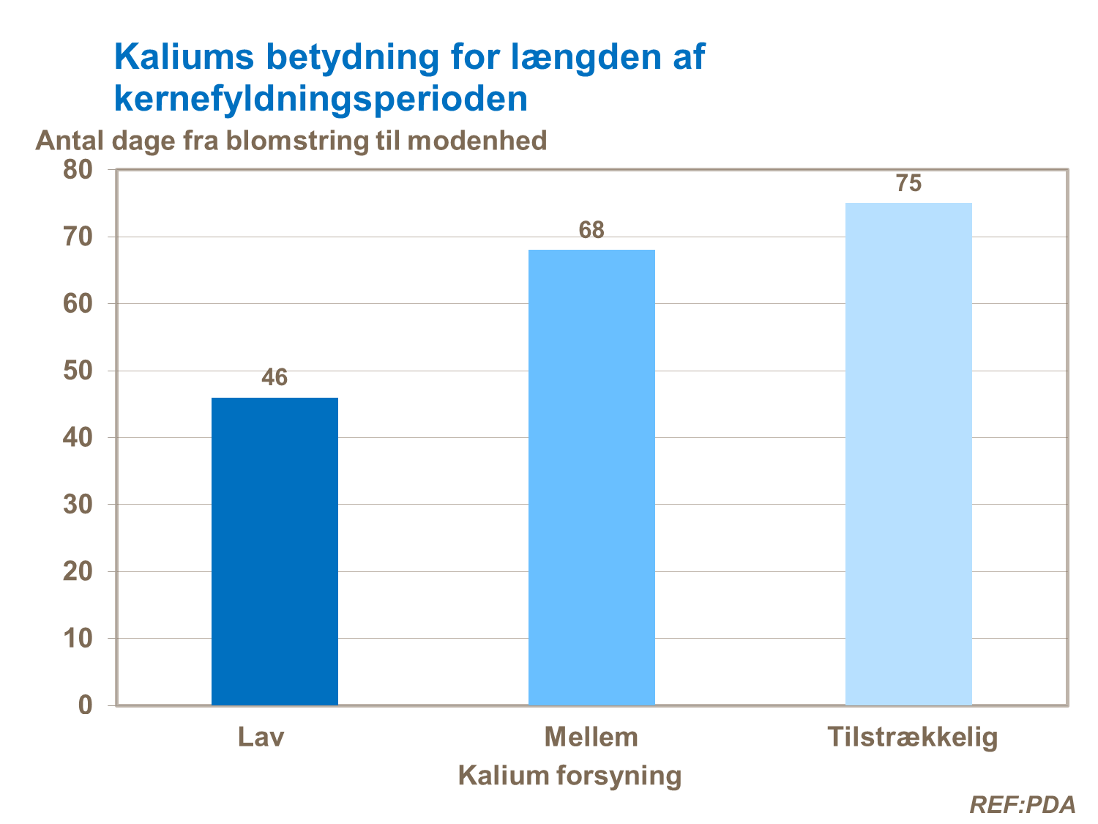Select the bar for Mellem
click(x=591, y=478)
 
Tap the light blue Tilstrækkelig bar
click(x=908, y=454)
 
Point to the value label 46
click(x=274, y=378)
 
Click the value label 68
click(x=591, y=231)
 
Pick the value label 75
click(x=908, y=183)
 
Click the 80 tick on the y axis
click(x=78, y=170)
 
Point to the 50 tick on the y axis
click(x=78, y=371)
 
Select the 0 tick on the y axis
click(x=86, y=705)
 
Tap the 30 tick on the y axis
click(x=78, y=505)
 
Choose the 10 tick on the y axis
click(x=78, y=638)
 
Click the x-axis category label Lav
click(x=261, y=736)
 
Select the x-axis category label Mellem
click(x=591, y=736)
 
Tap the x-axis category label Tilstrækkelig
click(x=913, y=737)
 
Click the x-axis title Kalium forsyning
click(x=569, y=775)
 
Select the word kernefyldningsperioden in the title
click(x=321, y=98)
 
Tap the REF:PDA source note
click(x=1022, y=804)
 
